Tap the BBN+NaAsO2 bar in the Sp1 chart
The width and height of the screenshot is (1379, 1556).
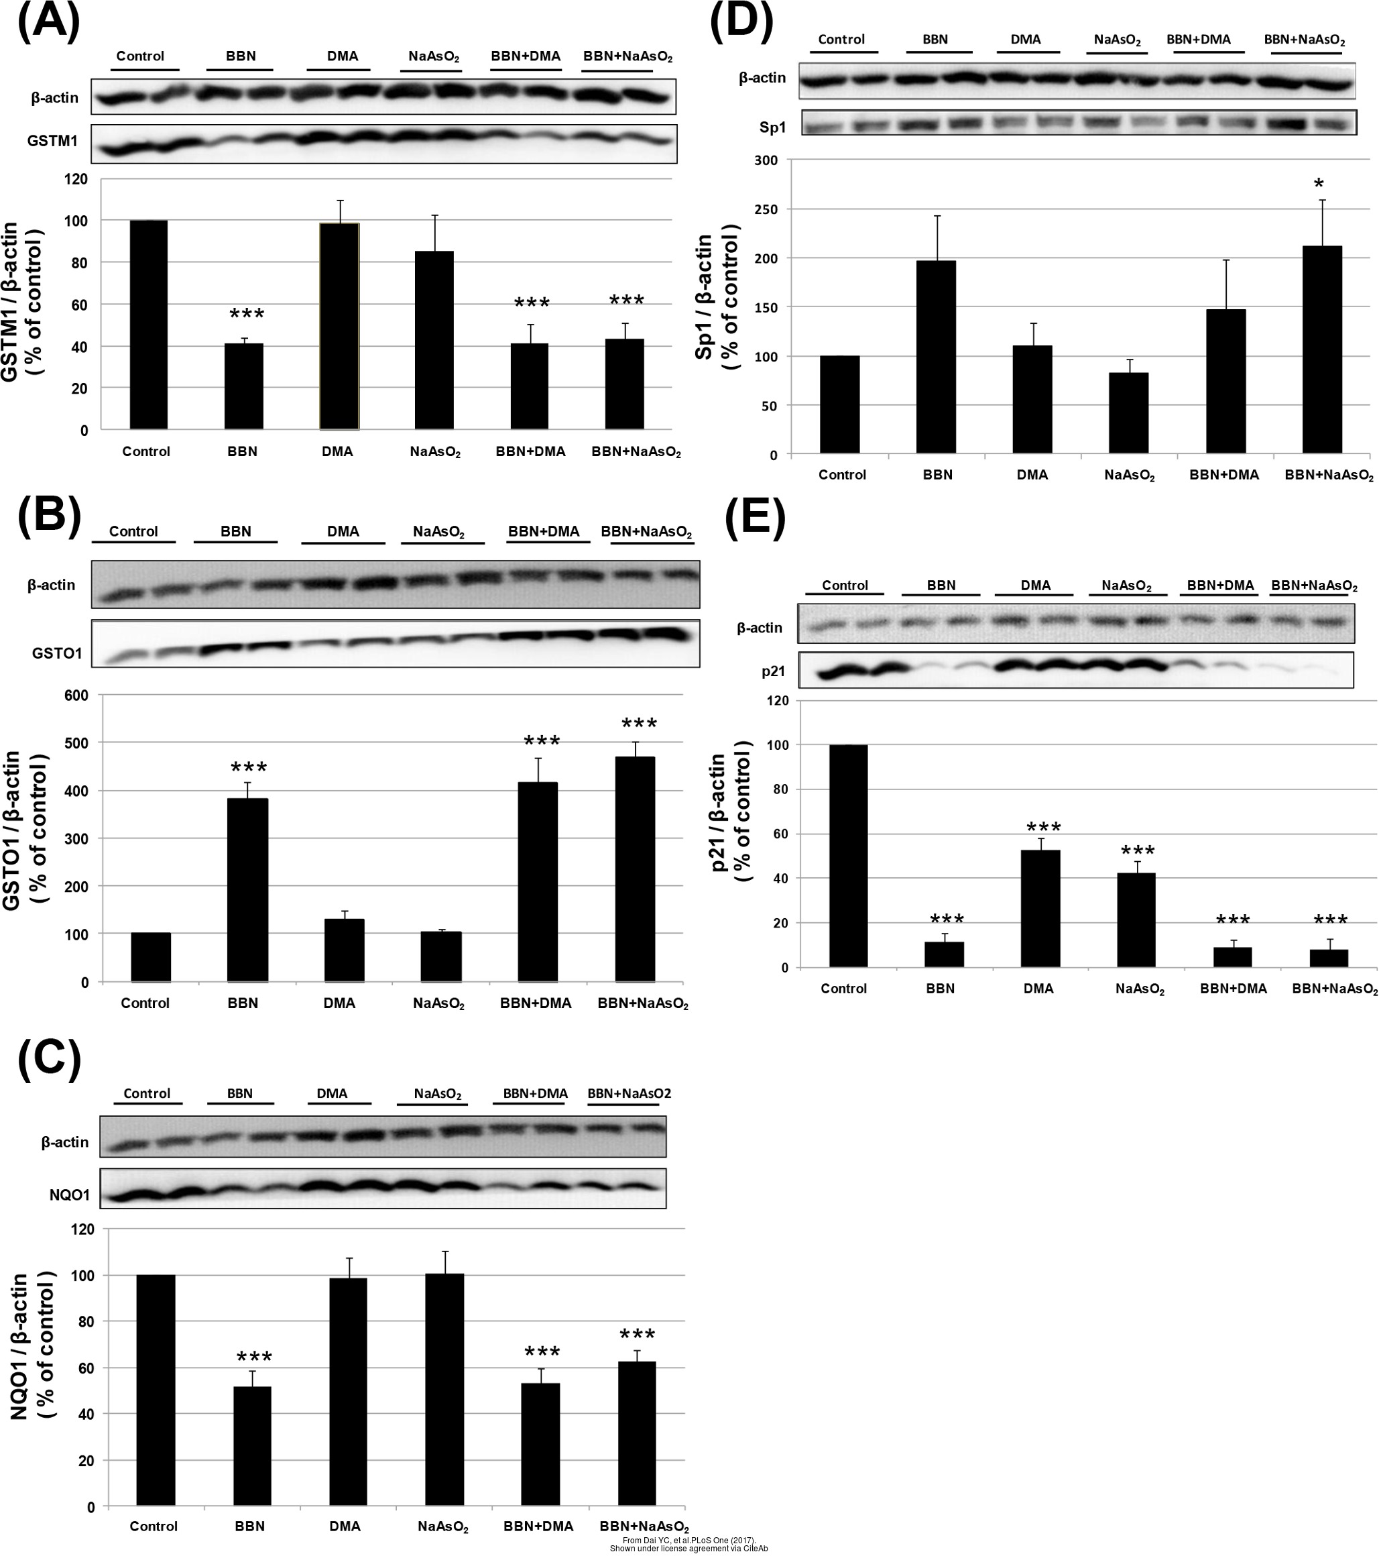pos(1322,349)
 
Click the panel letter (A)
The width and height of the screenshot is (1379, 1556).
pos(48,23)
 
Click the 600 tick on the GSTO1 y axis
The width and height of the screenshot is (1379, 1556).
pos(77,695)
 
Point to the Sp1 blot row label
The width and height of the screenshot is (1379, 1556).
pos(772,127)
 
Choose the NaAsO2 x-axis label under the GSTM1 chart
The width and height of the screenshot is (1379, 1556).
pos(434,452)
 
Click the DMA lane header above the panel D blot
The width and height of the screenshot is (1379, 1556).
pos(1025,40)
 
